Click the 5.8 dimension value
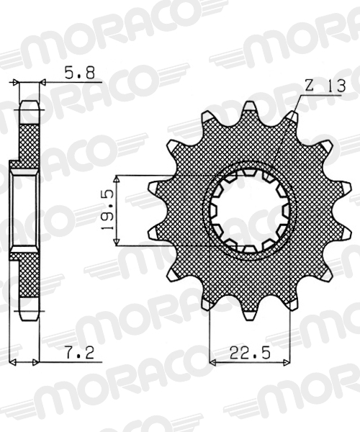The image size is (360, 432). click(x=80, y=73)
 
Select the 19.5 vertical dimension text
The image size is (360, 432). click(x=107, y=210)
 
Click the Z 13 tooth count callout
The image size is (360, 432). click(x=325, y=86)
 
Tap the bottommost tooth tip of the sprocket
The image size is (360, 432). click(x=250, y=318)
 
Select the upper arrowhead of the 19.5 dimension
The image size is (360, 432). click(x=117, y=179)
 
